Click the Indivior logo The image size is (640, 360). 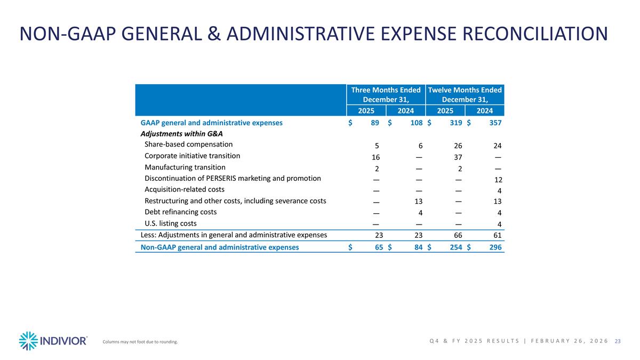[x=53, y=341]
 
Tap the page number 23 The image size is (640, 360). [x=618, y=341]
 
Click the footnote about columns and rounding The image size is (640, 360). [x=140, y=342]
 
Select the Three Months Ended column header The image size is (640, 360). [x=386, y=95]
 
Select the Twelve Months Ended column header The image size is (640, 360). [x=465, y=95]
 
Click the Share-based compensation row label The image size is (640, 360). [x=188, y=144]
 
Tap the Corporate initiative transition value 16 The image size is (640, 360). [x=375, y=157]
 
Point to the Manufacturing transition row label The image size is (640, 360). [x=185, y=167]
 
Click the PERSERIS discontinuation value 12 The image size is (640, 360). [x=498, y=180]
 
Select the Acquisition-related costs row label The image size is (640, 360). [x=184, y=189]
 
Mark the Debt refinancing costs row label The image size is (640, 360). [x=181, y=212]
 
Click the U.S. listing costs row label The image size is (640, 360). [x=170, y=223]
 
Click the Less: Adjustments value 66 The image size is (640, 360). [x=458, y=235]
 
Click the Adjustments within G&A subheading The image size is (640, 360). [x=181, y=133]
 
